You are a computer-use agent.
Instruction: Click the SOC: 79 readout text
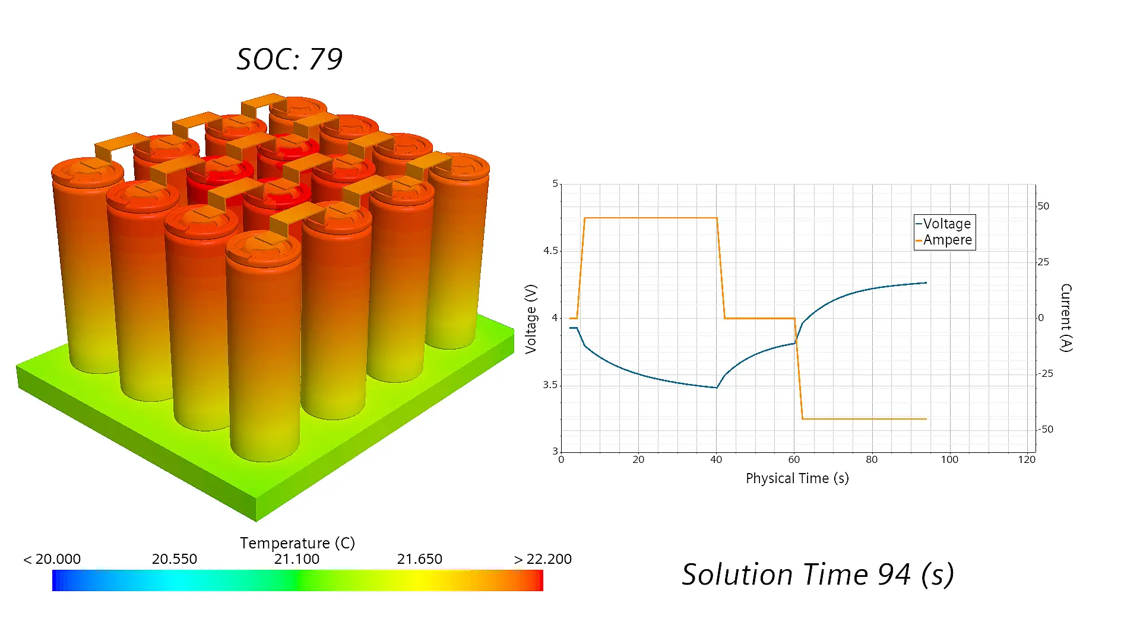coord(290,59)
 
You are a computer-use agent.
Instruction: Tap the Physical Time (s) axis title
coord(797,478)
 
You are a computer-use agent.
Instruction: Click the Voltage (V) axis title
coord(531,319)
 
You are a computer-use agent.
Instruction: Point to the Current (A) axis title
coord(1066,318)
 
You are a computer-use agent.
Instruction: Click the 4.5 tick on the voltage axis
coord(550,250)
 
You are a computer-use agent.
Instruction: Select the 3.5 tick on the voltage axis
coord(550,385)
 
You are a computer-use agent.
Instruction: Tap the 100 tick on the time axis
coord(949,459)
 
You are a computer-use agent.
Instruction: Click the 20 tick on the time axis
coord(638,459)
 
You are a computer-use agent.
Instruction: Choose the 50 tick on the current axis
coord(1044,206)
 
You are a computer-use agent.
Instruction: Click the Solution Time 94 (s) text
coord(818,575)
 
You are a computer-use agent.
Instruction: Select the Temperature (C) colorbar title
coord(297,543)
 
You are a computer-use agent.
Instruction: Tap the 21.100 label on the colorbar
coord(297,559)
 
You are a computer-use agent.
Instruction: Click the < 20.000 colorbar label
coord(52,559)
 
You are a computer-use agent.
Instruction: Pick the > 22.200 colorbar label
coord(543,559)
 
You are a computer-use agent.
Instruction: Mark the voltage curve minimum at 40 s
coord(717,388)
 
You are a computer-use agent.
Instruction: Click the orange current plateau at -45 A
coord(864,419)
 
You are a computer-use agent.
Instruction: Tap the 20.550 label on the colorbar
coord(174,559)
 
